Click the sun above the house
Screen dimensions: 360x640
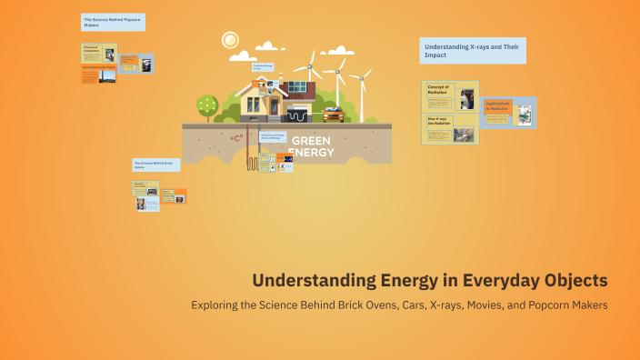[x=230, y=40]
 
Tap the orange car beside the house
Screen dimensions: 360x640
[x=333, y=114]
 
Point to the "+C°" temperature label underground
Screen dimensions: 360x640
[x=235, y=138]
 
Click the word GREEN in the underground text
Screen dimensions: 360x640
[x=312, y=141]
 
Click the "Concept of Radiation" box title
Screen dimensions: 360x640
[x=439, y=89]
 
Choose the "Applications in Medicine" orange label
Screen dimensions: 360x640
[x=497, y=105]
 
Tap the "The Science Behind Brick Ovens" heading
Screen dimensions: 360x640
[x=155, y=164]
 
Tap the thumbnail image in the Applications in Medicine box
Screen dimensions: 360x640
[x=525, y=115]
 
